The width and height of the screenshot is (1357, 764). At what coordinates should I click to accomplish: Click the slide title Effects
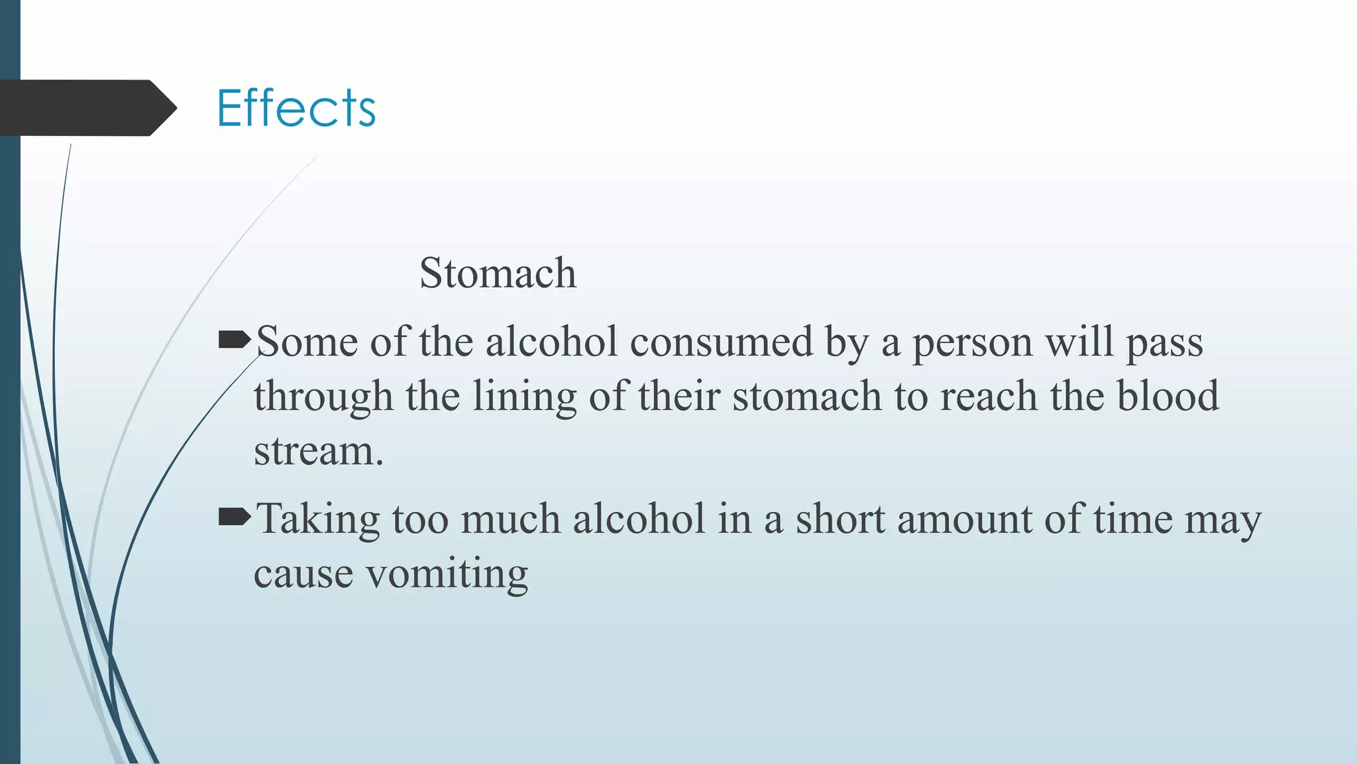click(296, 107)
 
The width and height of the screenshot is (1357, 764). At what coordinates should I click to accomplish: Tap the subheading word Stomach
click(498, 273)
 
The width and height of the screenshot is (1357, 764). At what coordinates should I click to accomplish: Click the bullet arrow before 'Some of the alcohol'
click(234, 341)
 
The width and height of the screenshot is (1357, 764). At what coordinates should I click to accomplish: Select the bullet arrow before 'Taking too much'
click(234, 517)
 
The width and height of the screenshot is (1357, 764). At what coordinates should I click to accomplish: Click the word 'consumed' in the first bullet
click(721, 342)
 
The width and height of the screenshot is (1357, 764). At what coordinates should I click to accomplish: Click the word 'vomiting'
click(447, 574)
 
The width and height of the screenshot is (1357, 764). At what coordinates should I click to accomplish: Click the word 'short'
click(840, 519)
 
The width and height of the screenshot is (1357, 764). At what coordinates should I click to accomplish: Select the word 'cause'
click(303, 574)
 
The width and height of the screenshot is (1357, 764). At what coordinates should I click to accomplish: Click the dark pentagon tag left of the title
click(86, 108)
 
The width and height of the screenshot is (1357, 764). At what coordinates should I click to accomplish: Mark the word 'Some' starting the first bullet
click(307, 342)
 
